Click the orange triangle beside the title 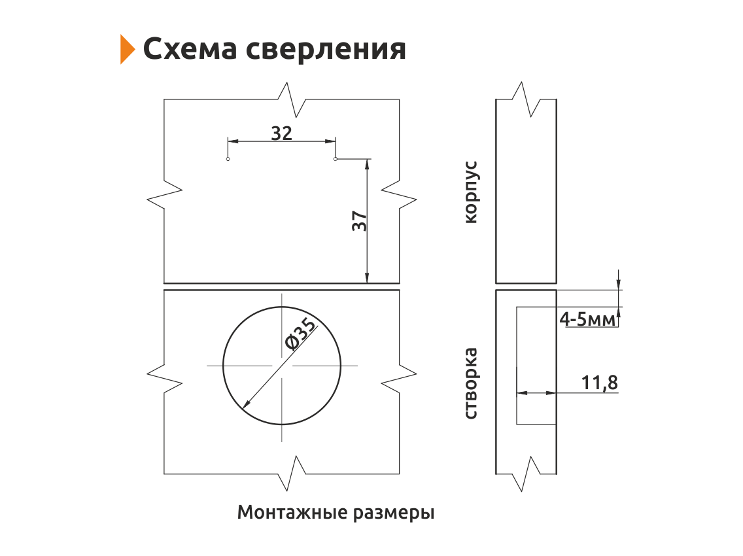point(126,49)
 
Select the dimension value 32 point(281,133)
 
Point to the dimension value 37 point(360,221)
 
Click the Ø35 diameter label point(300,335)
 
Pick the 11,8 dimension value point(599,383)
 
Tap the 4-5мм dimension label point(587,319)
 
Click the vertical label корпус point(472,192)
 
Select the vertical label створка point(470,383)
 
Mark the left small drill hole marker point(228,159)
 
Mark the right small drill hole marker point(336,159)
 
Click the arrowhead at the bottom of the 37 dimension point(367,278)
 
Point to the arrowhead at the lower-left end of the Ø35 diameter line point(246,404)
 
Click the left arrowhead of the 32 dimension point(233,141)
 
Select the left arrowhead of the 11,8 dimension point(522,392)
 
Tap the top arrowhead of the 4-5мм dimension point(618,283)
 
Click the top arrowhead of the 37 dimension point(367,164)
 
